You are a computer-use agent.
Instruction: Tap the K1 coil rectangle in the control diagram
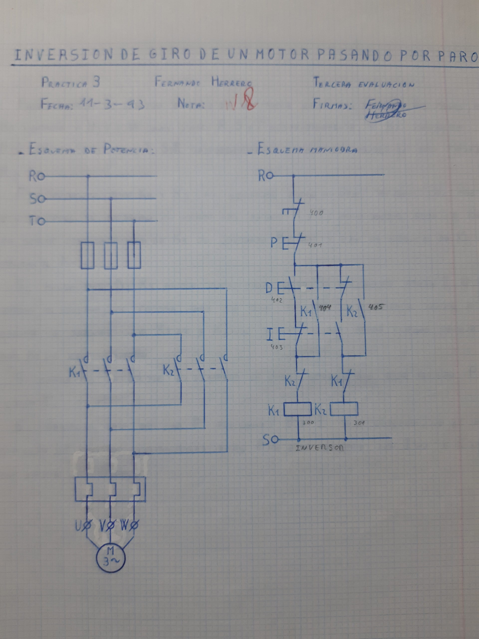298,409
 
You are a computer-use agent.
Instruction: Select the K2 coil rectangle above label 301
344,409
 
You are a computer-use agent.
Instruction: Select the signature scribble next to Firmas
387,110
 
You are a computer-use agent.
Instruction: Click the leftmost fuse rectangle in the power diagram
87,256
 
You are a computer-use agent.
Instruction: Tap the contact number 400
316,213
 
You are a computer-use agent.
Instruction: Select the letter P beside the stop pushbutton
274,243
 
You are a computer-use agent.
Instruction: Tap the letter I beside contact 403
269,335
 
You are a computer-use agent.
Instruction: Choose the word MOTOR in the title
283,55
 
